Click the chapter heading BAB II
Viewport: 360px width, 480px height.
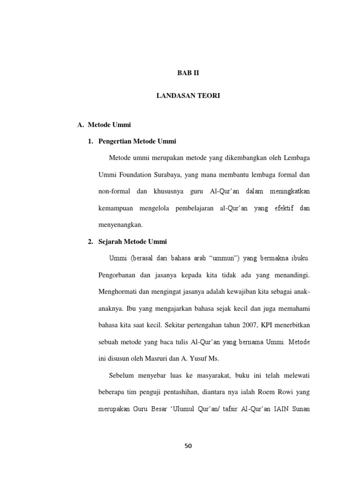[x=187, y=74]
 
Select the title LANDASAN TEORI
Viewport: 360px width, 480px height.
[x=187, y=96]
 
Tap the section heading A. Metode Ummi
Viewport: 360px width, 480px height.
[x=104, y=125]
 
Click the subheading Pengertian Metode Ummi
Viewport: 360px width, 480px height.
[x=137, y=141]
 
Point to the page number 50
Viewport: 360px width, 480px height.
[x=188, y=446]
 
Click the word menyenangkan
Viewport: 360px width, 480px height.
[x=120, y=225]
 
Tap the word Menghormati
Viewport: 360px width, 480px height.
[x=117, y=292]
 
